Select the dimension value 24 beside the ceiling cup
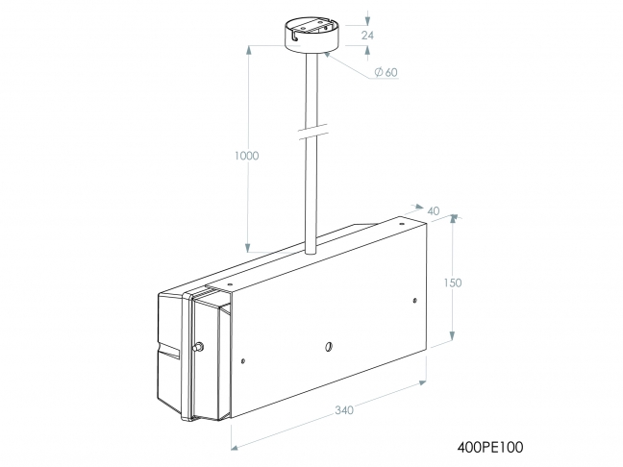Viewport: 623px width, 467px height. pyautogui.click(x=366, y=35)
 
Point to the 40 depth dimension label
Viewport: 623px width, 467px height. pyautogui.click(x=433, y=211)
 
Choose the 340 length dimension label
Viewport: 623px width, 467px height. pyautogui.click(x=344, y=410)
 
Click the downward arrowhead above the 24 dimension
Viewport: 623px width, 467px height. pyautogui.click(x=367, y=19)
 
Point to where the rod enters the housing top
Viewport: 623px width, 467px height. pyautogui.click(x=310, y=251)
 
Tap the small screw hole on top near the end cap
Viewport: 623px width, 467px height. pyautogui.click(x=229, y=284)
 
